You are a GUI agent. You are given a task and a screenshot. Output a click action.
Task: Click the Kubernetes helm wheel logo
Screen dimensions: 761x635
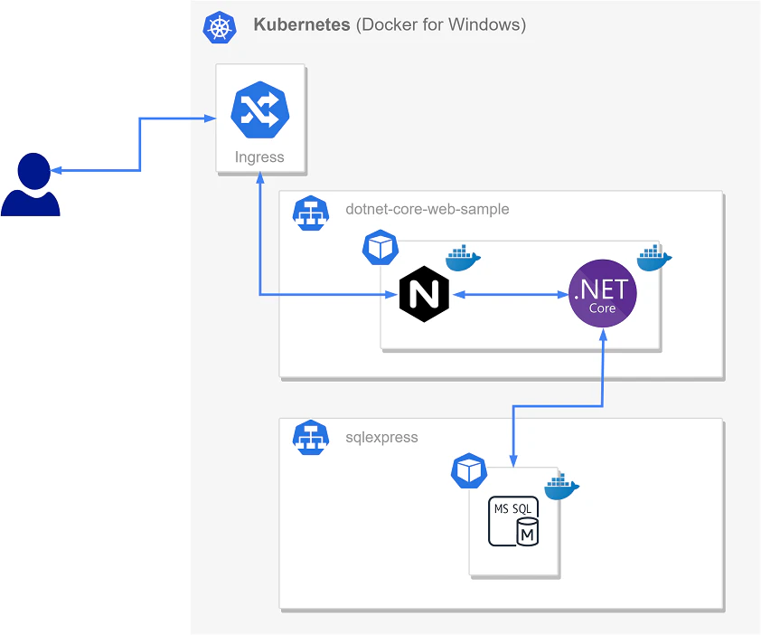tap(220, 27)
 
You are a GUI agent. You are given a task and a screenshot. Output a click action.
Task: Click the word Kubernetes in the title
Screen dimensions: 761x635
tap(301, 24)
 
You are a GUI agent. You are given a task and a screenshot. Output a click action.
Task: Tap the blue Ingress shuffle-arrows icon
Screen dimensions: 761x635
tap(260, 109)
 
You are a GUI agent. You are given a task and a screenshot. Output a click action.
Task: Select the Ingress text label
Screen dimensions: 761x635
tap(259, 156)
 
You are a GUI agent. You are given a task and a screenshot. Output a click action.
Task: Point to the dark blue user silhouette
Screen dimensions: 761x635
tap(31, 185)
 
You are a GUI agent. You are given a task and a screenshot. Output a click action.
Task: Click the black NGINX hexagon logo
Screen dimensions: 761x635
tap(424, 294)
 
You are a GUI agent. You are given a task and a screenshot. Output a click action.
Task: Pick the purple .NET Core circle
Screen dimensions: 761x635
tap(602, 293)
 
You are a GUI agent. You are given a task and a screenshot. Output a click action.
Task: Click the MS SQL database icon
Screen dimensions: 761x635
tap(513, 521)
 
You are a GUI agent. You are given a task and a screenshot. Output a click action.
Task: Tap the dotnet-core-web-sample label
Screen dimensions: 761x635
tap(427, 209)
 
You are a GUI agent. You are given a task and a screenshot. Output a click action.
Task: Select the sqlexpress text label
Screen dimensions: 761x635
tap(381, 437)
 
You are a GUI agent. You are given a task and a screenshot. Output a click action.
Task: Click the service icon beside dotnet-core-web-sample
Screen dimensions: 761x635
tap(311, 213)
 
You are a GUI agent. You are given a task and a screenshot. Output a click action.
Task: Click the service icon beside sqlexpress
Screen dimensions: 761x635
tap(311, 437)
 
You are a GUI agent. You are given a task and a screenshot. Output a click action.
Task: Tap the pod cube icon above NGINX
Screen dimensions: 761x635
tap(380, 247)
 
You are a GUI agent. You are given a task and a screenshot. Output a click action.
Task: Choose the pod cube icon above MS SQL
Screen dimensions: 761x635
tap(469, 470)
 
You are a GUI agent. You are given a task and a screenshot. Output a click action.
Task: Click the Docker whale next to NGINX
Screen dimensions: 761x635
tap(463, 258)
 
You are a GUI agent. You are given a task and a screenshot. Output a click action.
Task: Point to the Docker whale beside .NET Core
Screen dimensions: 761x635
tap(654, 258)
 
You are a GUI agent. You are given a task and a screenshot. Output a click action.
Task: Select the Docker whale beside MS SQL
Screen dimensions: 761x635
tap(561, 487)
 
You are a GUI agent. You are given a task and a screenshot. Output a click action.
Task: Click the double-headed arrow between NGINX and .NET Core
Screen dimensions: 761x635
tap(509, 294)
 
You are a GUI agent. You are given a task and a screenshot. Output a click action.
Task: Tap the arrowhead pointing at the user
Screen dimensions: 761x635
tap(56, 171)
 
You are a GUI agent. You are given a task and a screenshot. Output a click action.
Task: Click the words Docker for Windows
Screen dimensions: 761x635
tap(441, 24)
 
